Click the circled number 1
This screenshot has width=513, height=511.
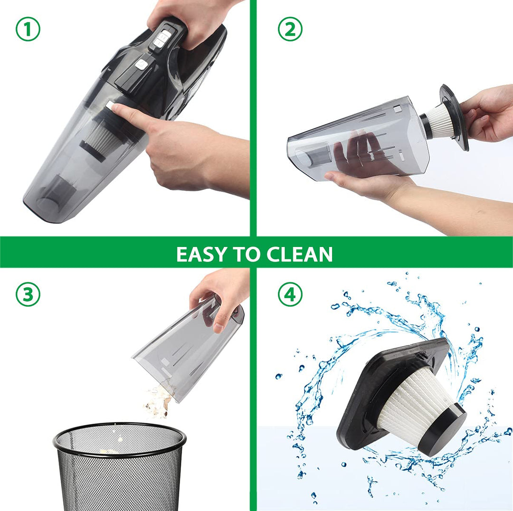coord(28,29)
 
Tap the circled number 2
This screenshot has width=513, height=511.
coord(290,29)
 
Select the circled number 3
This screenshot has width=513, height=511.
coord(28,294)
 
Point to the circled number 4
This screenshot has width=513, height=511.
coord(290,294)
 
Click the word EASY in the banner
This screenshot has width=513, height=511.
coord(201,254)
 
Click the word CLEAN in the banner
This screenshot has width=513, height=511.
coord(300,254)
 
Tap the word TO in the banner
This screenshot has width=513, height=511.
coord(247,254)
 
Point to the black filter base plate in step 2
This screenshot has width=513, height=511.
coord(454,117)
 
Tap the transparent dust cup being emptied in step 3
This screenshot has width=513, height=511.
coord(187,346)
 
